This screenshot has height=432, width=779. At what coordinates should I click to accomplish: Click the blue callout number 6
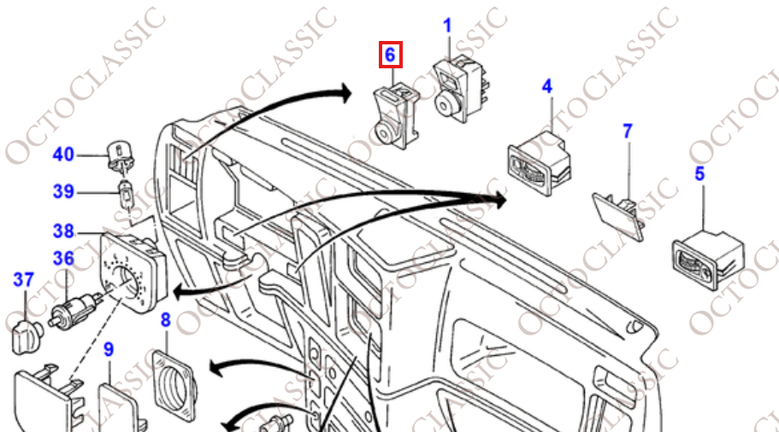click(x=390, y=55)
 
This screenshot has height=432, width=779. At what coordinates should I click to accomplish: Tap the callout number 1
click(x=447, y=26)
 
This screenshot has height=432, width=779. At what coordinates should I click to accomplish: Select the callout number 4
click(x=547, y=86)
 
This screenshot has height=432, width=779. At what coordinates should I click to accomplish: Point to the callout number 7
click(x=628, y=131)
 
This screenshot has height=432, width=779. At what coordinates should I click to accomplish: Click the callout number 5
click(x=699, y=173)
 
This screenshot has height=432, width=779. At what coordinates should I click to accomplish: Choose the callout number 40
click(x=63, y=155)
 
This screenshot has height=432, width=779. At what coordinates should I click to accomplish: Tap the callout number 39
click(x=63, y=191)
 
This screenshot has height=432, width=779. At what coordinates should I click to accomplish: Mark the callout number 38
click(x=63, y=231)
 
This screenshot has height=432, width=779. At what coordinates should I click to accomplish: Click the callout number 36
click(x=63, y=258)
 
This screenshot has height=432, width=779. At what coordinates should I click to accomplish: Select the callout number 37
click(x=24, y=280)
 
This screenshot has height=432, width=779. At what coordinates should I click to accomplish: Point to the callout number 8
click(x=166, y=320)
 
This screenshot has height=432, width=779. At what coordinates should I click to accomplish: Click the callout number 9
click(x=109, y=350)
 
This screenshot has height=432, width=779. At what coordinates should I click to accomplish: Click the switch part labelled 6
click(x=396, y=117)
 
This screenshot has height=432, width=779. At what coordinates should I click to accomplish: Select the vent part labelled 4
click(x=539, y=162)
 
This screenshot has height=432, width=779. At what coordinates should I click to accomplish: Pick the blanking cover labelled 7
click(x=618, y=216)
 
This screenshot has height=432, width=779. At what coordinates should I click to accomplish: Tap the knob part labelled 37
click(x=27, y=337)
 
